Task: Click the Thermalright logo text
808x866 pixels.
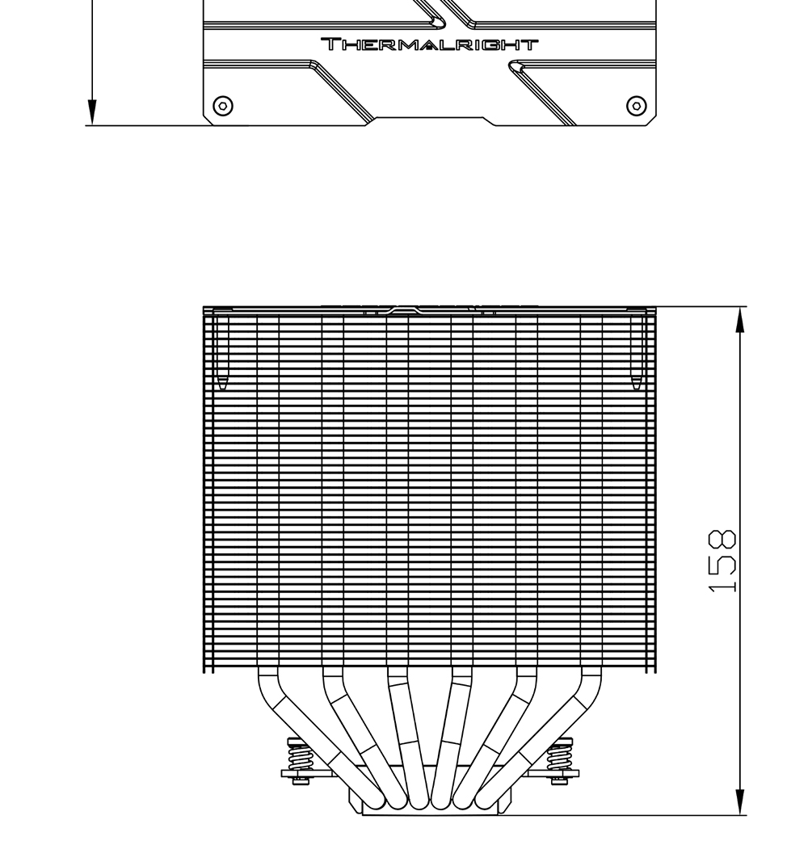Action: (429, 44)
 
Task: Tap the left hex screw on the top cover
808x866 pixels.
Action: (223, 105)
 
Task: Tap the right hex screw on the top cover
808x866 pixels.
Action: (636, 105)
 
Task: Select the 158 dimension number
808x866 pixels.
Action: (722, 561)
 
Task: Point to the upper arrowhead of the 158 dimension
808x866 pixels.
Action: (740, 320)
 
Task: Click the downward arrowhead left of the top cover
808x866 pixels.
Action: (91, 112)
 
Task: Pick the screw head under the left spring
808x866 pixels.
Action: (299, 780)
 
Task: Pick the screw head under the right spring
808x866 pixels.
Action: (559, 780)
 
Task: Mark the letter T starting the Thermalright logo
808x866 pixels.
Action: (330, 44)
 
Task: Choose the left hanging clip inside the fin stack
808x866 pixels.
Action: (222, 352)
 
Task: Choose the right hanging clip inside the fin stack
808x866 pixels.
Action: (636, 352)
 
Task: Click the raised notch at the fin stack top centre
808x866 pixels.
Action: (402, 309)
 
